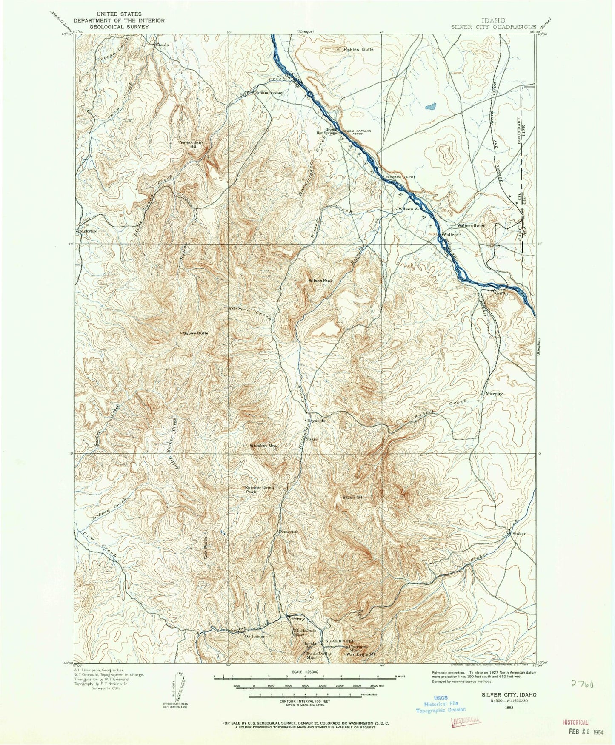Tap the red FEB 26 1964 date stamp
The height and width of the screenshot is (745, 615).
[x=577, y=734]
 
